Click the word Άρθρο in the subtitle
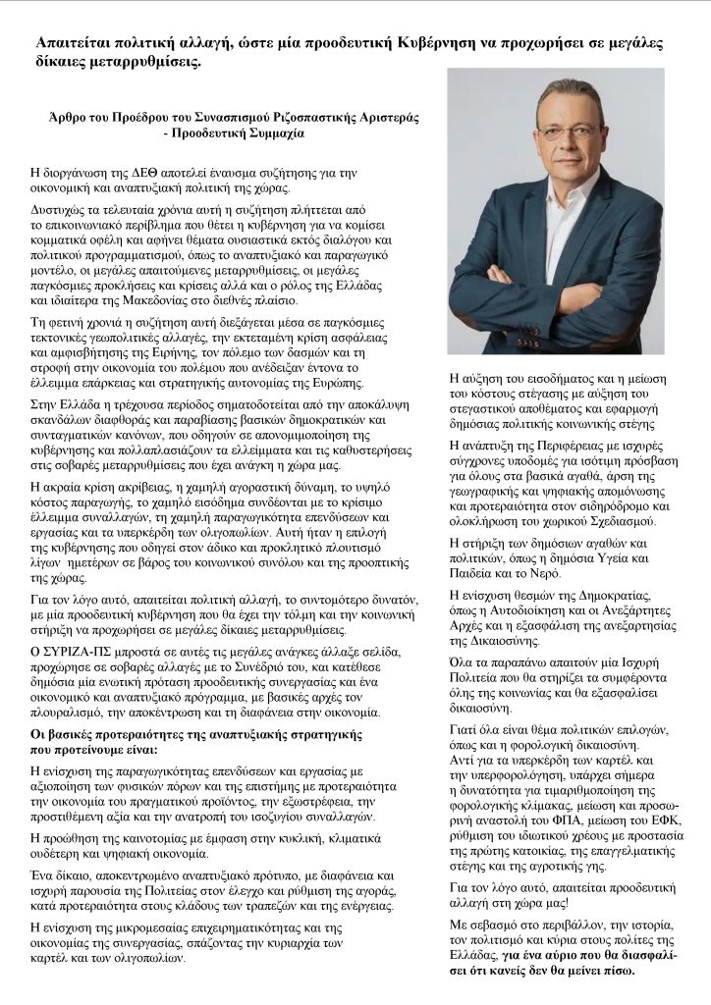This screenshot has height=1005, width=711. tap(55, 115)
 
